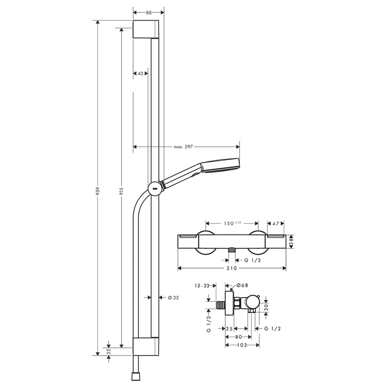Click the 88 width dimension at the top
[x=149, y=13]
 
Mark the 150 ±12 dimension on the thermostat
[x=232, y=223]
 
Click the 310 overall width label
[x=232, y=269]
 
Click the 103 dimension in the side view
[x=242, y=346]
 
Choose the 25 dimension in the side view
[x=229, y=328]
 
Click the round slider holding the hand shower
[x=154, y=188]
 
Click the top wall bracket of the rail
[x=146, y=30]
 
